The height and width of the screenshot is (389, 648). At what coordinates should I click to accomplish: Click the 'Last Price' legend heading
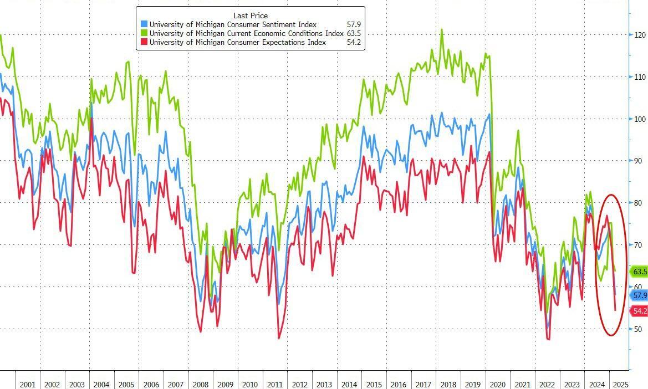click(250, 16)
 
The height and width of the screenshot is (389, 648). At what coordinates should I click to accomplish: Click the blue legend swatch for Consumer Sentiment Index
click(144, 24)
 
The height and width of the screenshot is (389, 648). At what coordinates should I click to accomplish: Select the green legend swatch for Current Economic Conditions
click(144, 33)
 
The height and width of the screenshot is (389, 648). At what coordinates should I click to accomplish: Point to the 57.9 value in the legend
click(353, 24)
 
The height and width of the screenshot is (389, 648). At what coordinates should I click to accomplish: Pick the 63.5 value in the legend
click(353, 33)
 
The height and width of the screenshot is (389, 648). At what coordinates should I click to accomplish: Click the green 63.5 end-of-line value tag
click(639, 272)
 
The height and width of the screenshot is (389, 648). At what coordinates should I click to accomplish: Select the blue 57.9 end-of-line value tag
click(639, 295)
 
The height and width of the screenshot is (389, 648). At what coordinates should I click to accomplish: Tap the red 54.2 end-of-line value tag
click(639, 311)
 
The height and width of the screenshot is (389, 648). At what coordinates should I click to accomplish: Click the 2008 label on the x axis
click(200, 385)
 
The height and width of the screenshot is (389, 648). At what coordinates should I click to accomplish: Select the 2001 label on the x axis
click(27, 385)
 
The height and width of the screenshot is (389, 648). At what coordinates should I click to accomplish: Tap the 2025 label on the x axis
click(620, 385)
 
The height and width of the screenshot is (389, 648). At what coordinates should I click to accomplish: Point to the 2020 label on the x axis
click(497, 385)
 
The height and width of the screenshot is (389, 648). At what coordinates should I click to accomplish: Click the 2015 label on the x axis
click(373, 385)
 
